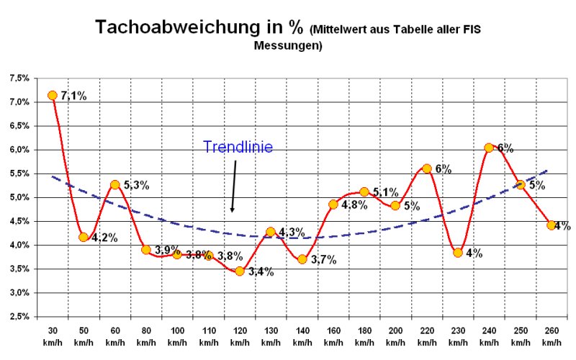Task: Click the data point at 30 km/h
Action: (x=53, y=95)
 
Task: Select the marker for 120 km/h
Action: (x=240, y=271)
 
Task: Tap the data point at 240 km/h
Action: (x=489, y=148)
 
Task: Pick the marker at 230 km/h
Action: (x=458, y=253)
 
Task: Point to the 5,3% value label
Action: (x=136, y=185)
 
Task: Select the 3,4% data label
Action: (x=261, y=272)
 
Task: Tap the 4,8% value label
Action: (x=354, y=204)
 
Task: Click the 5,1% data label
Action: (x=386, y=192)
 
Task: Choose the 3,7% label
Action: (x=323, y=260)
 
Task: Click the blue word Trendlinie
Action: (x=238, y=147)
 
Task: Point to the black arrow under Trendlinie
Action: (x=234, y=186)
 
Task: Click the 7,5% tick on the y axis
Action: (x=19, y=78)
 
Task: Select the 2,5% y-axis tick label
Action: (x=19, y=317)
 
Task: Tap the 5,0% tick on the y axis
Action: (x=19, y=197)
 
